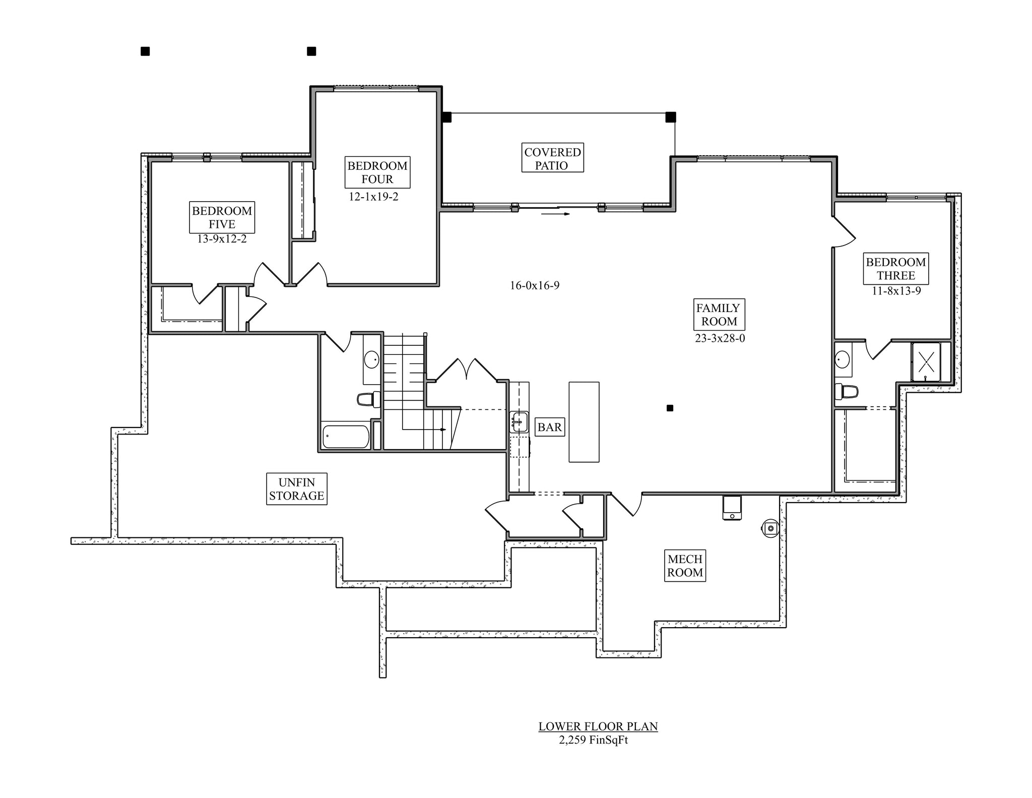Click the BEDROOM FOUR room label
(377, 172)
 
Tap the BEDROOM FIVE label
(222, 217)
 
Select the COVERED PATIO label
(552, 158)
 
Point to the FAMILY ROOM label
(719, 315)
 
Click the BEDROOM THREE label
(896, 269)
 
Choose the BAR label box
(549, 427)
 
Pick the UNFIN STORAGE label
(296, 489)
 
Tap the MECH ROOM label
(685, 566)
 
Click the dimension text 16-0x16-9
(535, 286)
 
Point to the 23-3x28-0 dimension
(720, 338)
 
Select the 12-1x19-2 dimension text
(373, 197)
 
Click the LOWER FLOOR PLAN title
(598, 726)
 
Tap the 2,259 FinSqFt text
(593, 740)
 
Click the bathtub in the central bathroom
(346, 437)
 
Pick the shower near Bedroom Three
(926, 361)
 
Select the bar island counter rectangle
(584, 422)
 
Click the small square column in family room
(670, 408)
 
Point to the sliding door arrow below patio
(556, 214)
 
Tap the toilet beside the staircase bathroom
(369, 399)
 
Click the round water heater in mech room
(770, 528)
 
